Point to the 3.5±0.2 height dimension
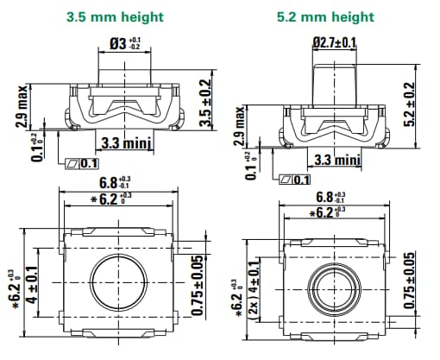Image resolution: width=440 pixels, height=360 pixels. click(205, 103)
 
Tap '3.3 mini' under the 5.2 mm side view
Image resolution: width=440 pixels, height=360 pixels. click(334, 160)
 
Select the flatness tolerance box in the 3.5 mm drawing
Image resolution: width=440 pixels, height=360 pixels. click(81, 163)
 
